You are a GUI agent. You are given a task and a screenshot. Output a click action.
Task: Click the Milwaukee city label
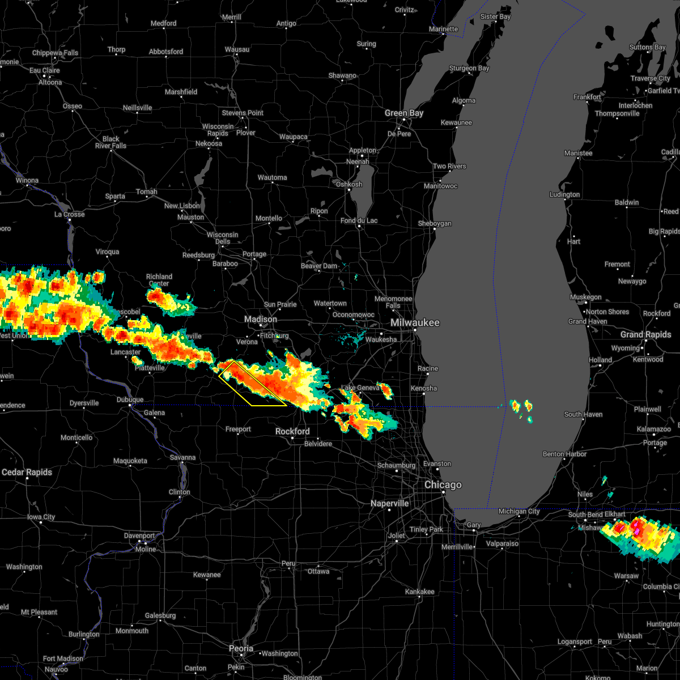tap(415, 322)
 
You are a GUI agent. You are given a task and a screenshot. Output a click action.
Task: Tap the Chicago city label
tap(443, 485)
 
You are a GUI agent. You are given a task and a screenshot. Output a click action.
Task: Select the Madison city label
tap(261, 320)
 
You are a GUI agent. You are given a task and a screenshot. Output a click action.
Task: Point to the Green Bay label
tap(404, 113)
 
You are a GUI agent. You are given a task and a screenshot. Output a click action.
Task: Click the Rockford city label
tap(292, 431)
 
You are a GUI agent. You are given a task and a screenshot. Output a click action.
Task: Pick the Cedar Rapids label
tap(27, 473)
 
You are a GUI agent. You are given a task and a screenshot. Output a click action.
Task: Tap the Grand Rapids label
tap(645, 335)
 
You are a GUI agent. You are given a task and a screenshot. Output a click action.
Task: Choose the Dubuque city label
tap(129, 399)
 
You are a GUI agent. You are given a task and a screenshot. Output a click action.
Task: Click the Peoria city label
tap(241, 648)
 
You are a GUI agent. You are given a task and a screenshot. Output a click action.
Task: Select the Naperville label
tap(390, 503)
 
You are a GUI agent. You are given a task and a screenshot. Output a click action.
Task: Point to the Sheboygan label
tap(435, 223)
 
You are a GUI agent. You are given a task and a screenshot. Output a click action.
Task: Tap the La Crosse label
tap(69, 214)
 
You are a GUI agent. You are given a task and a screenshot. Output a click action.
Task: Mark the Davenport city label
tap(139, 535)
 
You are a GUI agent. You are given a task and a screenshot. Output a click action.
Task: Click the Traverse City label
tap(651, 78)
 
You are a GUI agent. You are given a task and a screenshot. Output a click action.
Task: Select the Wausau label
tap(237, 49)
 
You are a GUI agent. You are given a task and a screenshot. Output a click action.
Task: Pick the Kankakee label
tap(419, 592)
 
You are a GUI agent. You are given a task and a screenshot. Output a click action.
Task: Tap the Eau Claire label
tap(44, 71)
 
